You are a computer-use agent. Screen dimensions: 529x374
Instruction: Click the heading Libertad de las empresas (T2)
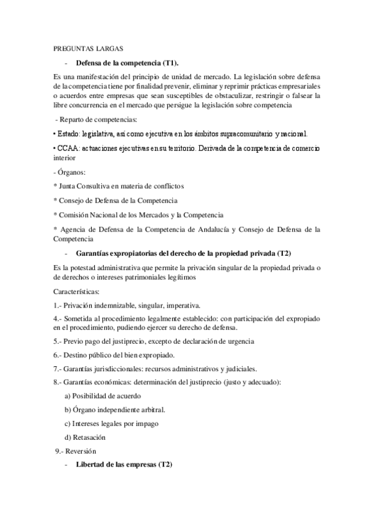(124, 465)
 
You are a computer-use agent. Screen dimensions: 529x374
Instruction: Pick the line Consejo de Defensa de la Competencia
(116, 200)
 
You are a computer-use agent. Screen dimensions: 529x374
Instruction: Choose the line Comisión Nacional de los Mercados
(139, 215)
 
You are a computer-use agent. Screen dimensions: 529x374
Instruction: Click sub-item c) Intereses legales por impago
(111, 424)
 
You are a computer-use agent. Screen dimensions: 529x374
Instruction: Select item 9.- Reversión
(76, 451)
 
